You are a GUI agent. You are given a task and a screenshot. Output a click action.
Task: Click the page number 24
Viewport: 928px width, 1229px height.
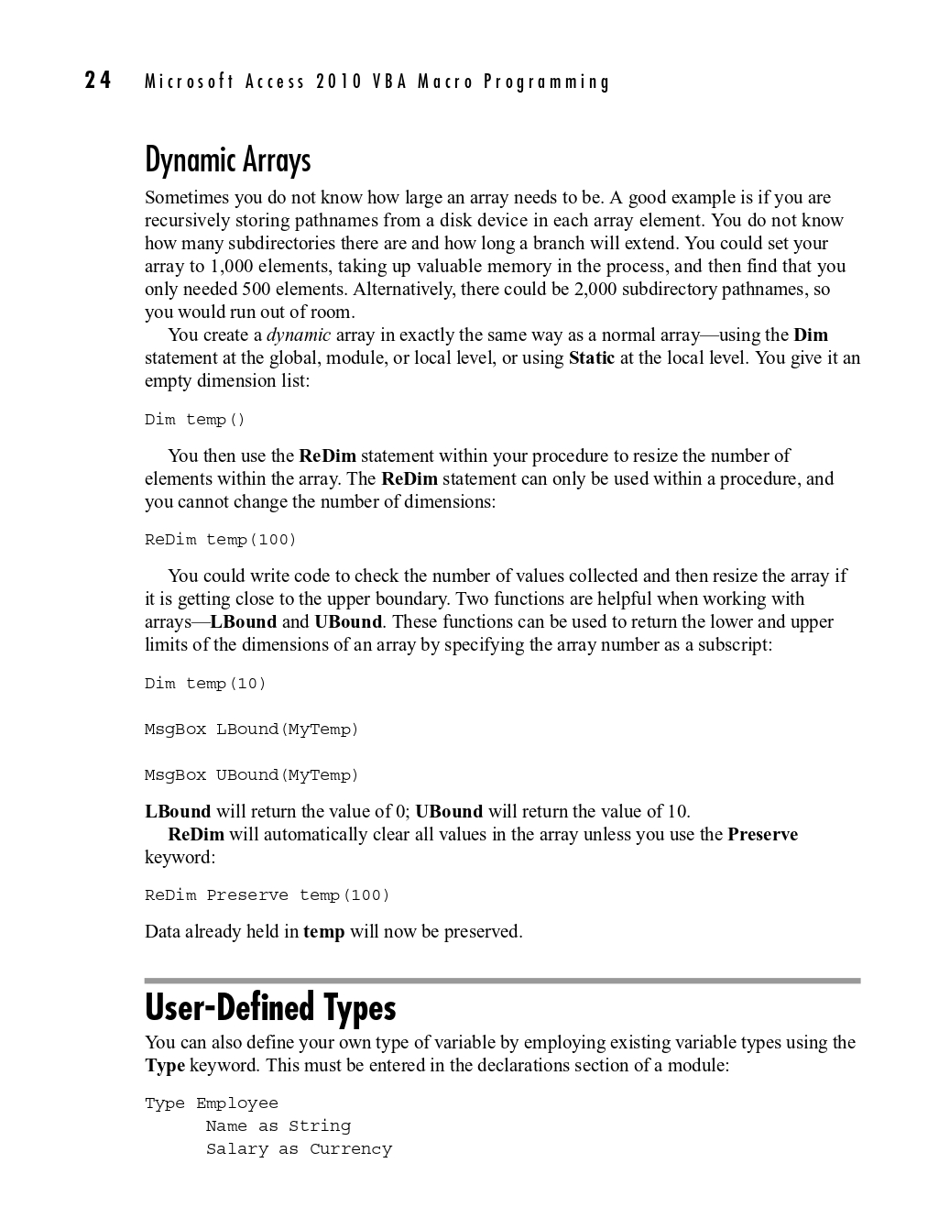(x=98, y=81)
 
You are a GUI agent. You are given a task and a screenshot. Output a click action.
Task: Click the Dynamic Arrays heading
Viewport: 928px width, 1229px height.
(x=228, y=160)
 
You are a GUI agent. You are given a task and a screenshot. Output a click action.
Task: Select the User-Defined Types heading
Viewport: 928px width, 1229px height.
(x=270, y=1007)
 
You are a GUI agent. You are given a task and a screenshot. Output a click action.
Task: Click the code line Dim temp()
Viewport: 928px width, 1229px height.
(x=195, y=420)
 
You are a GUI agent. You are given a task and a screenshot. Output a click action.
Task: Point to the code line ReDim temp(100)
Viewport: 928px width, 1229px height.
(x=221, y=540)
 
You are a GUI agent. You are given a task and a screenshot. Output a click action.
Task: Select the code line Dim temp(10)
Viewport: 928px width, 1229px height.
(x=205, y=684)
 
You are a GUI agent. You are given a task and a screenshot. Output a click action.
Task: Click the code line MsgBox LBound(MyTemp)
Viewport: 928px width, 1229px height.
(x=252, y=730)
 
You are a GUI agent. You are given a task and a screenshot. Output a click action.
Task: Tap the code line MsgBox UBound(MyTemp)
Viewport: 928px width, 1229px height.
(x=252, y=775)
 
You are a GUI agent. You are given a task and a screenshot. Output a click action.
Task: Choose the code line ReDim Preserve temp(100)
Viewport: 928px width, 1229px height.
(x=267, y=895)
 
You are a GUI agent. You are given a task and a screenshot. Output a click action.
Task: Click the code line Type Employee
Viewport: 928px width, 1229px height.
(x=212, y=1103)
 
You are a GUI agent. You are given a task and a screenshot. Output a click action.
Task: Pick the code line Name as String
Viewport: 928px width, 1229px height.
(x=278, y=1126)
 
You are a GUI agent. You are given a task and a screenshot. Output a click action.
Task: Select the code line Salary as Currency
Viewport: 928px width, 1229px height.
(x=299, y=1149)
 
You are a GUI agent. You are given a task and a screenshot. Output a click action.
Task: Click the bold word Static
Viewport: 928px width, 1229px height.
(x=592, y=358)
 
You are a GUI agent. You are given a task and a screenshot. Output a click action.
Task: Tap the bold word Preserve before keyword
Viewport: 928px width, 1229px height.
(x=762, y=835)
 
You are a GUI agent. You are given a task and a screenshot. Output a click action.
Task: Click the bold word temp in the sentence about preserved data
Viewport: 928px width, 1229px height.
(x=323, y=932)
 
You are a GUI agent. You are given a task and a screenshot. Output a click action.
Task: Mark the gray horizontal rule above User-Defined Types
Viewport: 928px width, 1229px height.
(x=502, y=981)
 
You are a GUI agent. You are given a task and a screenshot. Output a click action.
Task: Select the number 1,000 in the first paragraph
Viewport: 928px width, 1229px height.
(x=231, y=267)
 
